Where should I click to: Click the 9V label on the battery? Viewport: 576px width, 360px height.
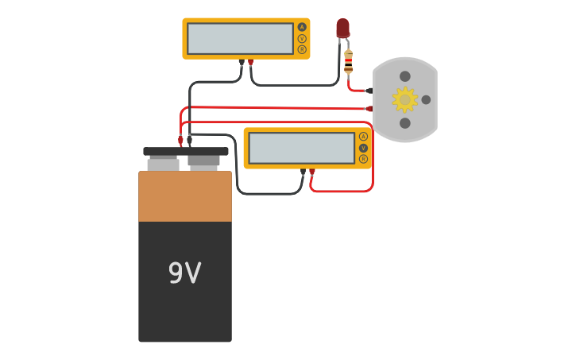point(184,273)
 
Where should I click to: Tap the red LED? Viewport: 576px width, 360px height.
point(342,29)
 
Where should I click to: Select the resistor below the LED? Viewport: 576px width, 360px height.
point(348,62)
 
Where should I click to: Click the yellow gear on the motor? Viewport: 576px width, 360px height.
point(404,99)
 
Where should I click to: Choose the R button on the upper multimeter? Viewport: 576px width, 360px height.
point(302,49)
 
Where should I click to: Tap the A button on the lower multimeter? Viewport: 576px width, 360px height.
point(363,137)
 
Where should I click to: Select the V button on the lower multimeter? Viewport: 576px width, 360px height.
point(363,148)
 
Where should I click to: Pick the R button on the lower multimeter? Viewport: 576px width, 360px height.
point(363,159)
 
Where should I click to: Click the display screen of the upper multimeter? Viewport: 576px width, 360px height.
point(240,38)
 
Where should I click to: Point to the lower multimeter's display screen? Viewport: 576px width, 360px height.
point(301,148)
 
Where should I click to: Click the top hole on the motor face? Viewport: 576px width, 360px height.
point(405,76)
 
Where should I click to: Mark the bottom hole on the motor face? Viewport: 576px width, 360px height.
point(405,123)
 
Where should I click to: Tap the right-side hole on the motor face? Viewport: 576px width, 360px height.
point(426,99)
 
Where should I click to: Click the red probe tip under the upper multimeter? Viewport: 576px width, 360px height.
point(251,62)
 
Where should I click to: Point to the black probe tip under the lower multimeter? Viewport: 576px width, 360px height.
point(303,172)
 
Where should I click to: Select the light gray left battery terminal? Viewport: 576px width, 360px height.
point(163,164)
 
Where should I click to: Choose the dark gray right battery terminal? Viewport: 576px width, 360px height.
point(203,161)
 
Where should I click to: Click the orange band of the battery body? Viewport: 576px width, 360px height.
point(185,196)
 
